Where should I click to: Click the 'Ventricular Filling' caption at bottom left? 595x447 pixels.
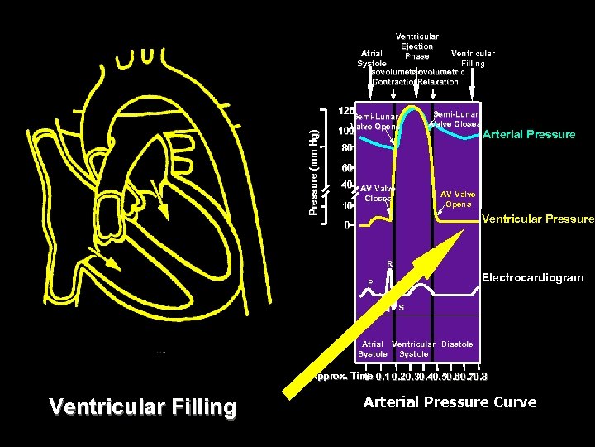tap(143, 407)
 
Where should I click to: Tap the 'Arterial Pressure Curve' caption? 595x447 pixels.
tap(450, 402)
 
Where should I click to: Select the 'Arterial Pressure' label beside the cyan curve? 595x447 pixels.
tap(529, 134)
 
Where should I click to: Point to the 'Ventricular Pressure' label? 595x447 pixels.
tap(537, 219)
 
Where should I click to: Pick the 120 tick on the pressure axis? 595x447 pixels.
tap(346, 111)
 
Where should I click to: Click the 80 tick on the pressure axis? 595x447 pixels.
tap(348, 150)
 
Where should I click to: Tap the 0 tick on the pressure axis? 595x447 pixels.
tap(348, 224)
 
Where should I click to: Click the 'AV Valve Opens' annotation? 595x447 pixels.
tap(458, 199)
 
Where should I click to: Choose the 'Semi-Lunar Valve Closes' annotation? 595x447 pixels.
tap(455, 118)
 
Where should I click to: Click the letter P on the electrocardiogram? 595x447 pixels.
tap(370, 283)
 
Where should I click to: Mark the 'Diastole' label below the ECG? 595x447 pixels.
tap(457, 344)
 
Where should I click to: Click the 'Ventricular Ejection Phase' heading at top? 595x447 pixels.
tap(417, 46)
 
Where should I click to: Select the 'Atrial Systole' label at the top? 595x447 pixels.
tap(372, 59)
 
